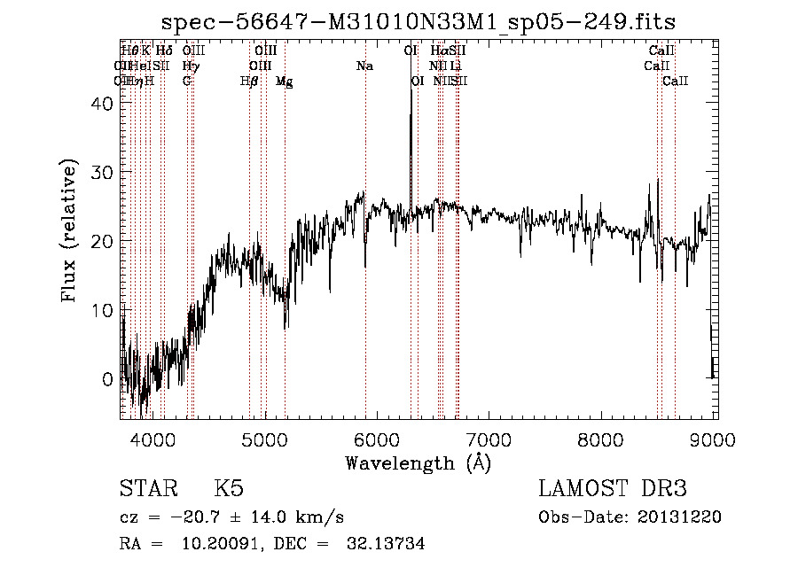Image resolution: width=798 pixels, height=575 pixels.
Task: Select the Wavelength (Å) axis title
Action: [418, 462]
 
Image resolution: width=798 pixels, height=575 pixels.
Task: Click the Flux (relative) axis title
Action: [70, 231]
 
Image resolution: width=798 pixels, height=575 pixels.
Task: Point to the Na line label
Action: [364, 66]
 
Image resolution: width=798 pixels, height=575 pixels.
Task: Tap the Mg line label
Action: [284, 82]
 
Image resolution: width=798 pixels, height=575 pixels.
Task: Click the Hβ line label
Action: [249, 82]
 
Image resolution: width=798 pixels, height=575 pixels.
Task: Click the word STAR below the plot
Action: [148, 490]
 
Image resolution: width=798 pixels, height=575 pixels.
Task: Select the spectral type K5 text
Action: [229, 490]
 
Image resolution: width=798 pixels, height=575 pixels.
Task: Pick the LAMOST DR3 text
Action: [613, 490]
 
